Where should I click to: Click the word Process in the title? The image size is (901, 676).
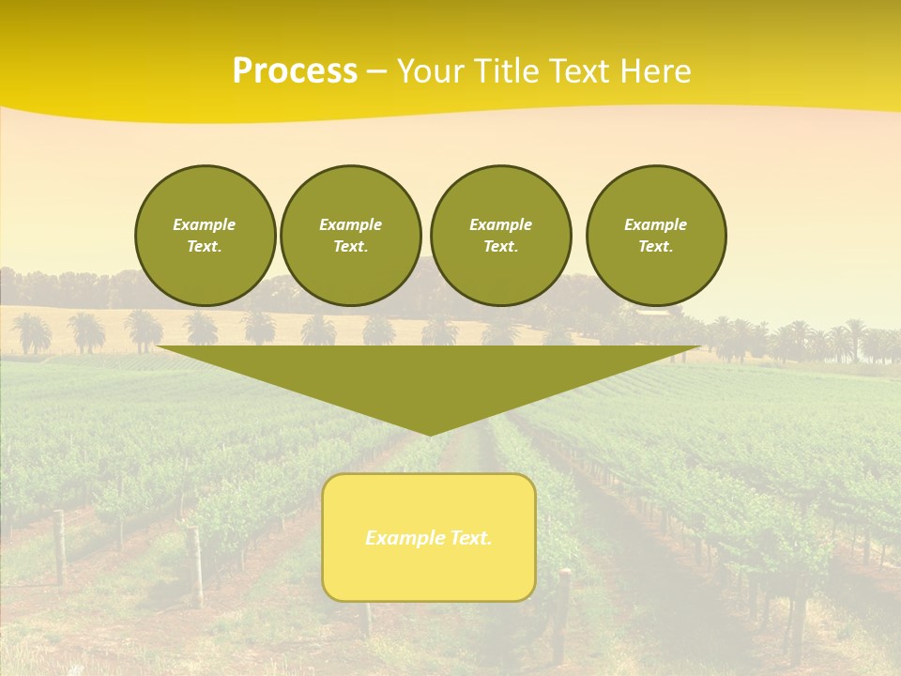coord(295,71)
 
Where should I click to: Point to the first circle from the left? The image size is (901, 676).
coord(205,236)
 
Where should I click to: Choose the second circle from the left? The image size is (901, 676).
coord(350,236)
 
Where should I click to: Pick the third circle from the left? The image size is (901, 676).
coord(500,236)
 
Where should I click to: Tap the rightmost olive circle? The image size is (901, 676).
coord(656,236)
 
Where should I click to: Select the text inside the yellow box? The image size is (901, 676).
coord(429,538)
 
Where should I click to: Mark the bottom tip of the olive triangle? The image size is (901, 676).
coord(429,435)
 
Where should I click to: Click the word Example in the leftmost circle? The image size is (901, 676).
coord(205,224)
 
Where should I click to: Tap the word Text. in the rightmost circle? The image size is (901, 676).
coord(656,247)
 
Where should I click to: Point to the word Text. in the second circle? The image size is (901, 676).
coord(350,247)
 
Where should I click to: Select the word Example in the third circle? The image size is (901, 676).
coord(500,224)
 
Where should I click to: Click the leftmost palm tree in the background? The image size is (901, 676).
coord(30,331)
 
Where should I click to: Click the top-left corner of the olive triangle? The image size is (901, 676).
coord(159,347)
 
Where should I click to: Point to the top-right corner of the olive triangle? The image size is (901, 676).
coord(699,347)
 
